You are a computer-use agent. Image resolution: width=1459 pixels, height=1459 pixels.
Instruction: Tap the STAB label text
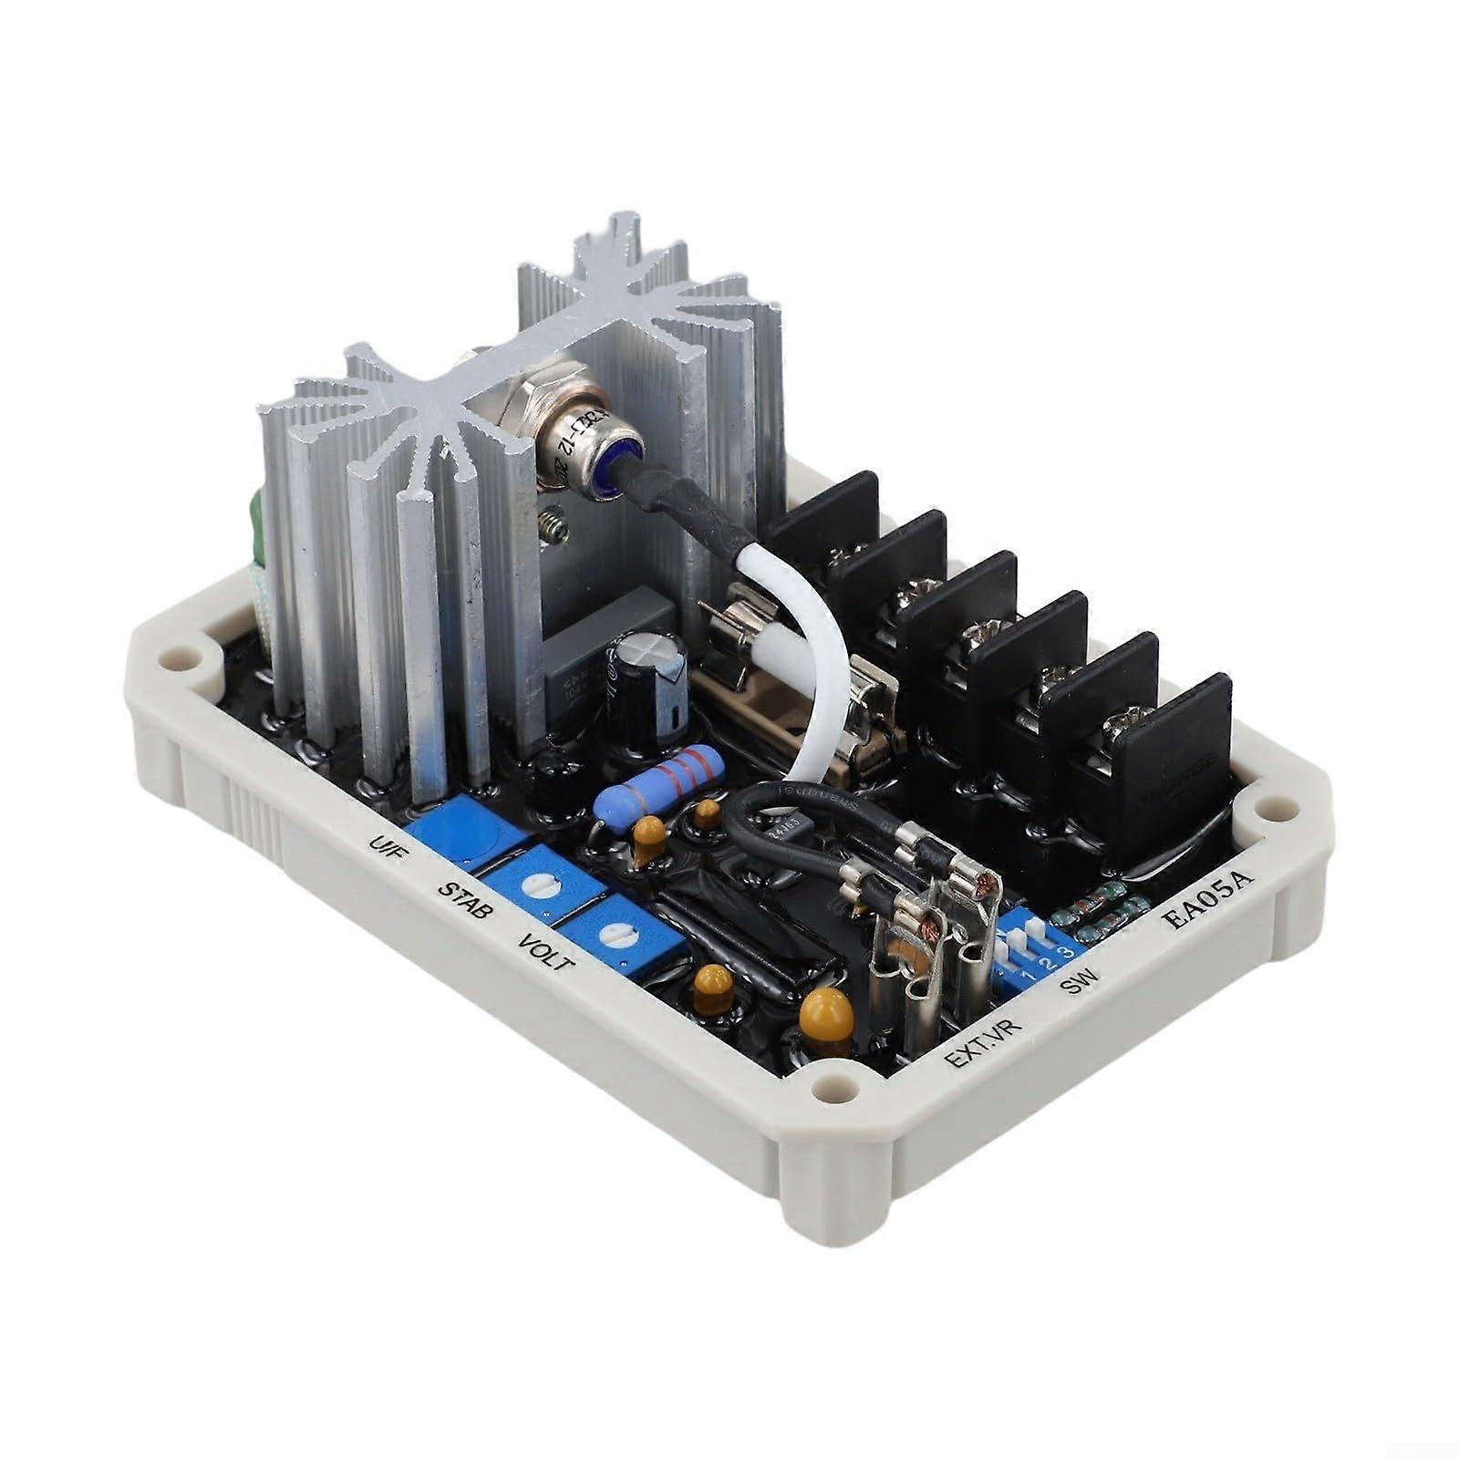(x=466, y=898)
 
